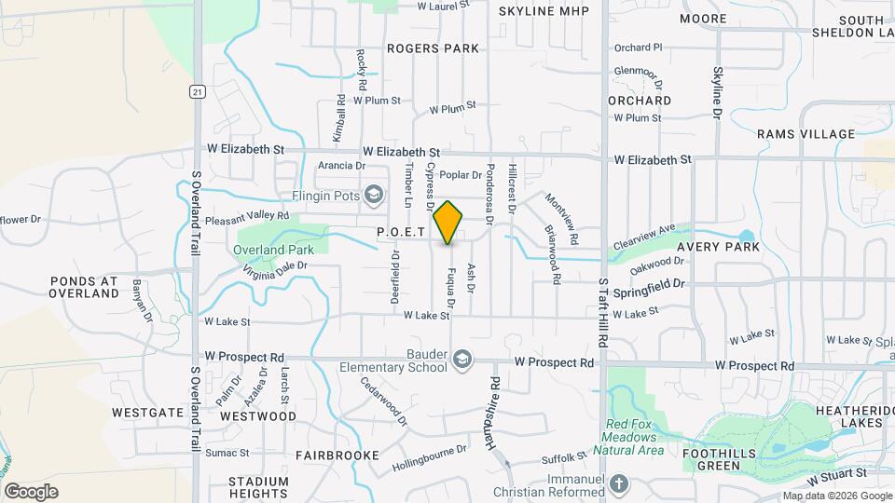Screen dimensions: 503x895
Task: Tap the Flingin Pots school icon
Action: tap(374, 194)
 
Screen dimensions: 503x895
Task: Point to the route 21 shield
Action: tap(196, 90)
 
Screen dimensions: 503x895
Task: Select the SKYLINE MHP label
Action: tap(542, 10)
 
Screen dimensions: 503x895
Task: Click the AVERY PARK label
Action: tap(718, 247)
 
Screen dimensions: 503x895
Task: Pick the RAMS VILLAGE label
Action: tap(805, 134)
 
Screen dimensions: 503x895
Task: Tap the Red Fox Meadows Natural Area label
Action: tap(633, 437)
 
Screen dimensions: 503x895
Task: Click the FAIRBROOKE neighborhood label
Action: tap(337, 455)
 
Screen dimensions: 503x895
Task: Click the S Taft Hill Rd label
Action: tap(603, 313)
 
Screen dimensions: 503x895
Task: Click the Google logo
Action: tap(32, 491)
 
